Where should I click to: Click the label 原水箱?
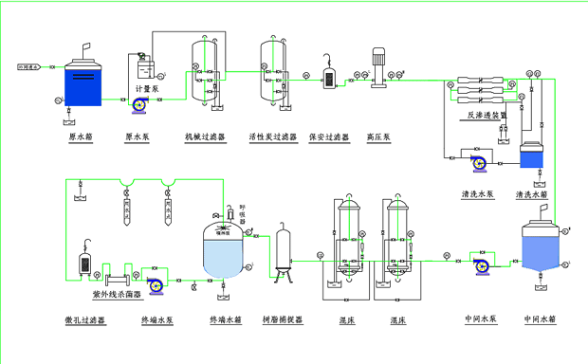point(81,136)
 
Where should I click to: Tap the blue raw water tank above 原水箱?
point(81,83)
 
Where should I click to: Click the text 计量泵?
point(151,89)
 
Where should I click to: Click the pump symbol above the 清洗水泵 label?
point(479,162)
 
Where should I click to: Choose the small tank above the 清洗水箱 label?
point(532,154)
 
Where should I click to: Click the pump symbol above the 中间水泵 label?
point(481,265)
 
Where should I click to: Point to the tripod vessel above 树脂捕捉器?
point(282,251)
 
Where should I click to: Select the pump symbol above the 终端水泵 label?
point(156,282)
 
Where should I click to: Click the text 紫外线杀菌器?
point(114,296)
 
